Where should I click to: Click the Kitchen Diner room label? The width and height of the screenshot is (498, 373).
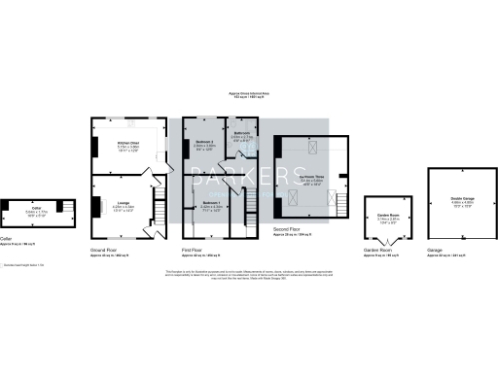coord(102,142)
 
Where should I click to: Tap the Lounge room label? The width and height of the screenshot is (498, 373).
coord(97,202)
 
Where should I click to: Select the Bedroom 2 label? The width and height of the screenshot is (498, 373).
coord(203,142)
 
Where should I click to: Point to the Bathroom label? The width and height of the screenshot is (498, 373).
coord(241,133)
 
